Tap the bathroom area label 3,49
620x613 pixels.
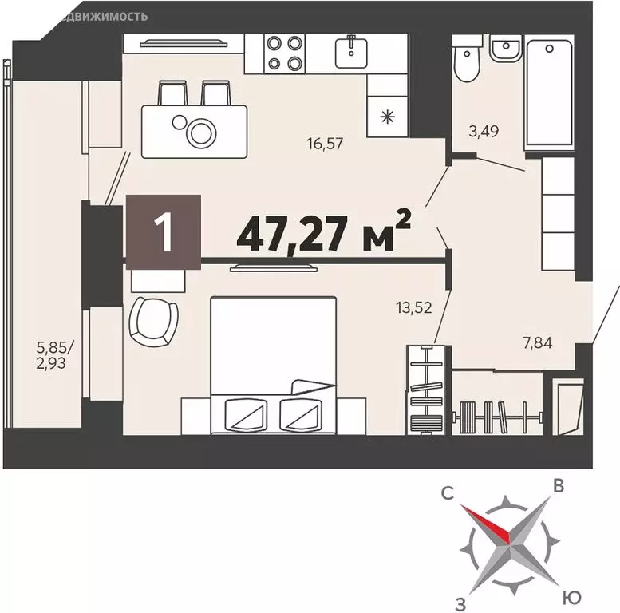[x=483, y=132]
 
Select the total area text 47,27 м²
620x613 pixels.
[x=323, y=233]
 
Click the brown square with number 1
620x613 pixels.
[x=163, y=231]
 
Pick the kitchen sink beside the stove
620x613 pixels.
[x=350, y=53]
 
